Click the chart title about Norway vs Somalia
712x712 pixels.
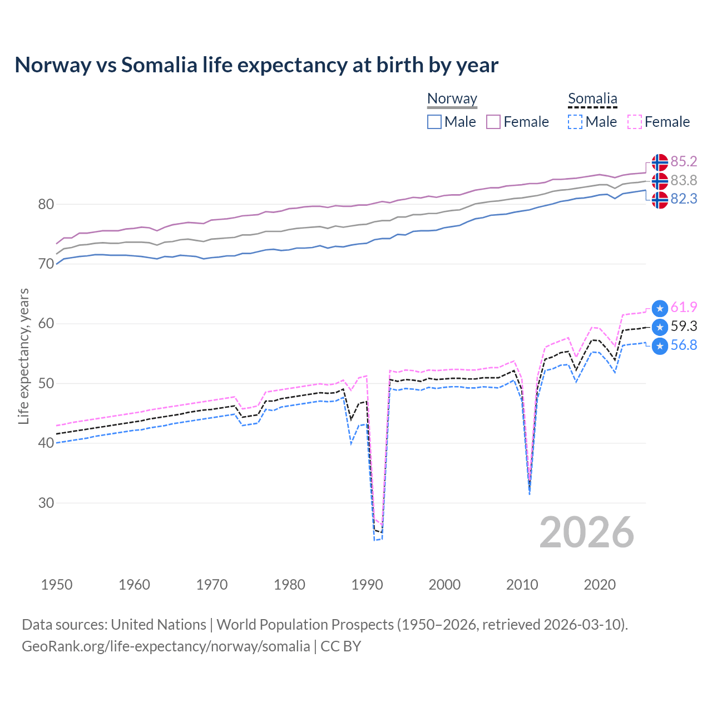[256, 65]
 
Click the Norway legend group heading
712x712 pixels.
[452, 98]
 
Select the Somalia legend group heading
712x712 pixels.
[592, 98]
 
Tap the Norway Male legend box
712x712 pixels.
[434, 122]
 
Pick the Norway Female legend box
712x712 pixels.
[493, 122]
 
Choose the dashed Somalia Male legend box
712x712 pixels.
[575, 122]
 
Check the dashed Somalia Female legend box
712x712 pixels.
[635, 122]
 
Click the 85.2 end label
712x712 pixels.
[684, 161]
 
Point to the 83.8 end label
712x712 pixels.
[684, 180]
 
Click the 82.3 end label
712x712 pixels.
[684, 199]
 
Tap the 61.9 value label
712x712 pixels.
[684, 307]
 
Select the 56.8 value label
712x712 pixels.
[684, 345]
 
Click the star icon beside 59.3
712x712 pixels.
[660, 327]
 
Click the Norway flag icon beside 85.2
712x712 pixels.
[660, 162]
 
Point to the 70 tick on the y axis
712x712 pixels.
[46, 264]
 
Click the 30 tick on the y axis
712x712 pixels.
[46, 503]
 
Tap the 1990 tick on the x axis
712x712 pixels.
[367, 585]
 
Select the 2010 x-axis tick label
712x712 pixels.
[522, 585]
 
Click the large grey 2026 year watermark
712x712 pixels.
[587, 532]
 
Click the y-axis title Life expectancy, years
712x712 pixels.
[24, 356]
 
